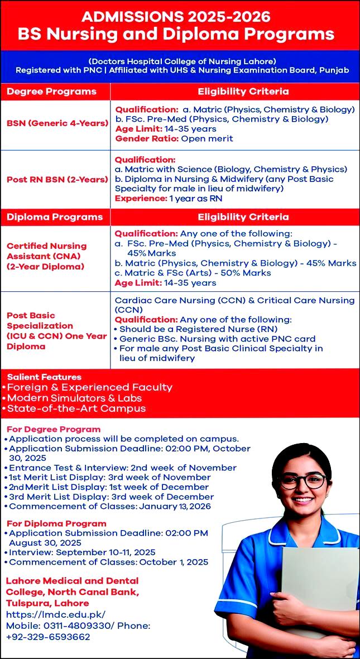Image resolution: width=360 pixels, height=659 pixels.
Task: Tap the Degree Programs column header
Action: tap(52, 92)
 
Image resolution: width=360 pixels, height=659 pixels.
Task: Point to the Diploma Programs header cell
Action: tap(55, 217)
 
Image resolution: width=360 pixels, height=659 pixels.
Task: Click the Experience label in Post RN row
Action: tap(140, 199)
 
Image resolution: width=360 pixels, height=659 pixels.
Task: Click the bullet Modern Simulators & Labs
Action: tap(74, 398)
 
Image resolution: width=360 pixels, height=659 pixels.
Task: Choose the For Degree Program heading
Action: tap(54, 429)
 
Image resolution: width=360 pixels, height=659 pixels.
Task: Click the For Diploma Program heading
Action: tap(56, 523)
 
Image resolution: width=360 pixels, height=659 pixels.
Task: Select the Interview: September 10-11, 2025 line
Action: tap(82, 552)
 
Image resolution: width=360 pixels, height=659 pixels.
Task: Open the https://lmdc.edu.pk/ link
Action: tap(56, 614)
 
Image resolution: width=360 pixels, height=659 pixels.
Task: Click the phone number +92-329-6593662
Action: tap(48, 637)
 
